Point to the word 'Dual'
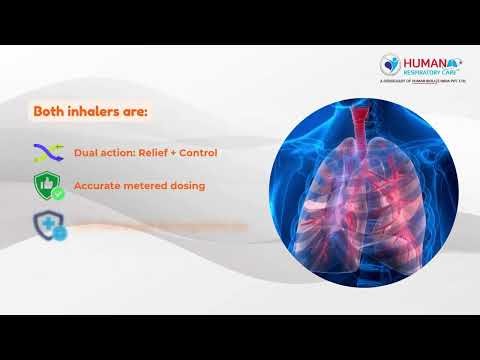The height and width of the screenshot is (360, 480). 87,154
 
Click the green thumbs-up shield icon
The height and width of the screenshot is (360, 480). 46,186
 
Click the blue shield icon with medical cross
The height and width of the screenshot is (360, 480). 46,224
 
